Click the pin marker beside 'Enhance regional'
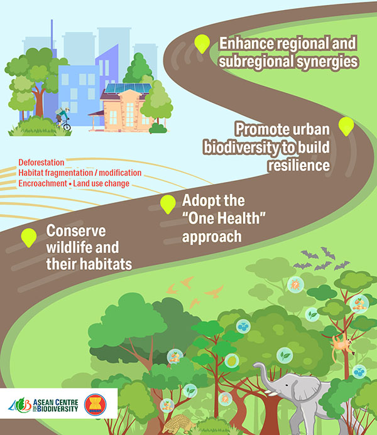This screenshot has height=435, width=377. click(x=202, y=43)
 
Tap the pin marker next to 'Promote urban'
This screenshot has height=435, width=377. click(x=346, y=126)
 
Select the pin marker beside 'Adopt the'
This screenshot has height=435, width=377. click(x=168, y=204)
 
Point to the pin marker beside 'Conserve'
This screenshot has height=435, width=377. click(x=29, y=237)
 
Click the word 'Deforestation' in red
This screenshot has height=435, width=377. click(x=41, y=163)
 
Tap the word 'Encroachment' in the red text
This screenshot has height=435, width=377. click(x=43, y=183)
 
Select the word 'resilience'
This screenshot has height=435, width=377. click(x=298, y=165)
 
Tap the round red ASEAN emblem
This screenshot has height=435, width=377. click(x=95, y=404)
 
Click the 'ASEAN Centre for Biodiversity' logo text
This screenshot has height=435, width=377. click(x=55, y=405)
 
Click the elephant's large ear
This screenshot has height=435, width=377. click(x=307, y=387)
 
